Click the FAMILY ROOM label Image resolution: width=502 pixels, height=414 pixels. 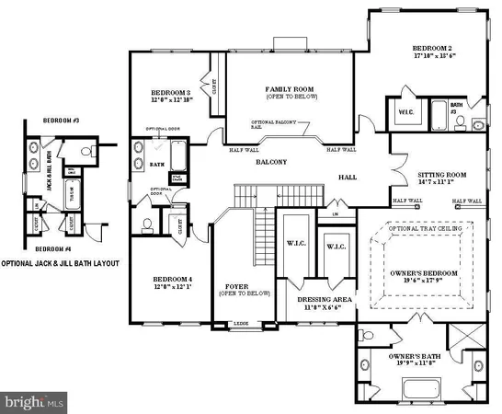point(285,86)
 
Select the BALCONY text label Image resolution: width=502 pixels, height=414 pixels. point(271,162)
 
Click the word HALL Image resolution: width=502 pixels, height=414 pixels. point(347,177)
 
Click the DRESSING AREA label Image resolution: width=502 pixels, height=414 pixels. point(320,299)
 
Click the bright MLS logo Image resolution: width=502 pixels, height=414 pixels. point(35,401)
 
